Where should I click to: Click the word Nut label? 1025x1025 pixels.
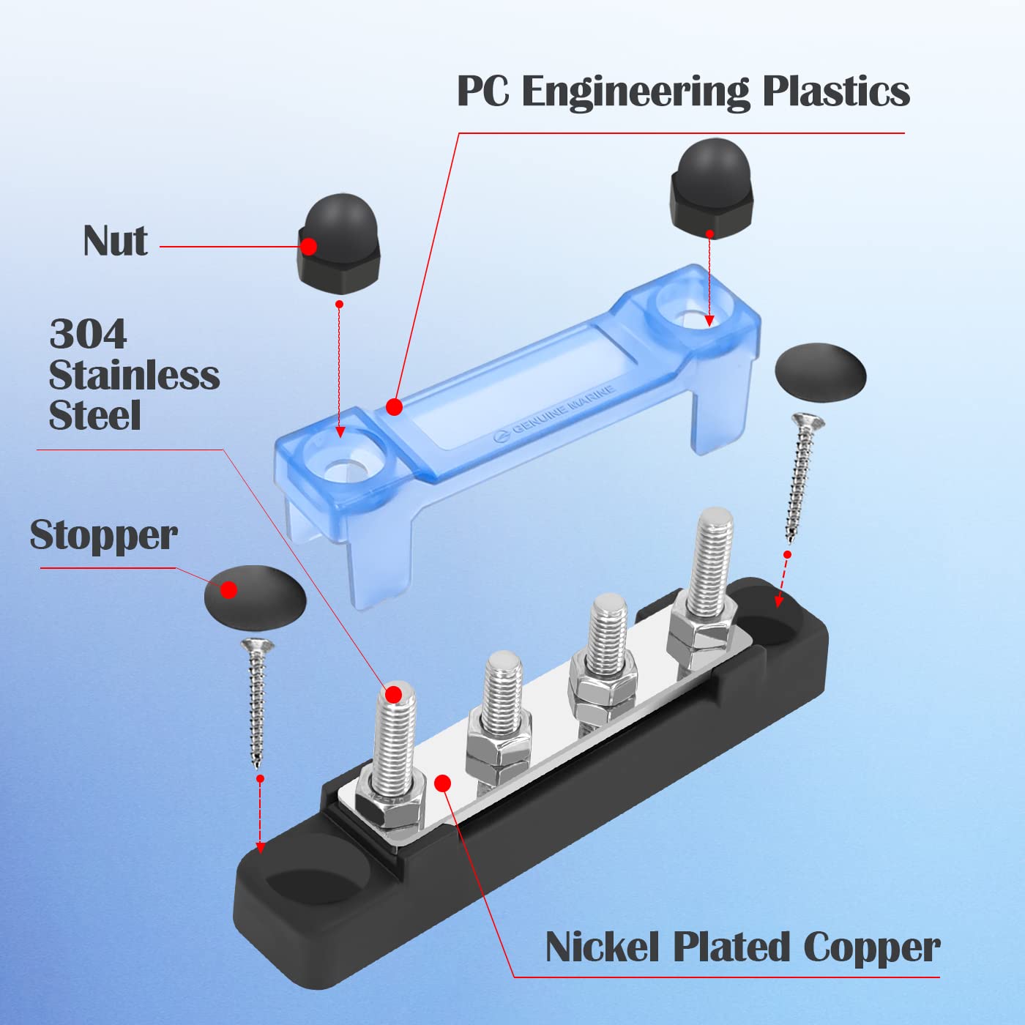click(x=115, y=242)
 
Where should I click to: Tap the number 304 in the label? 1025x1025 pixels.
click(x=88, y=335)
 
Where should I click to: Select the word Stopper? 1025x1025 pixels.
click(x=103, y=535)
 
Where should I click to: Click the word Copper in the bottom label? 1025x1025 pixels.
click(x=871, y=947)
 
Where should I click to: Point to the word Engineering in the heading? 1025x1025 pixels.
click(x=635, y=92)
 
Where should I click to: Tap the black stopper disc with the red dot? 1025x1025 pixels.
click(x=254, y=595)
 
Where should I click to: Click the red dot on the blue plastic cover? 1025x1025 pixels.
click(x=394, y=406)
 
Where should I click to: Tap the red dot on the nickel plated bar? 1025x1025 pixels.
click(x=442, y=783)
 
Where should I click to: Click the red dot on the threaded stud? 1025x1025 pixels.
click(x=394, y=693)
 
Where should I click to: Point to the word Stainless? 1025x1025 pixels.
click(x=134, y=376)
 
